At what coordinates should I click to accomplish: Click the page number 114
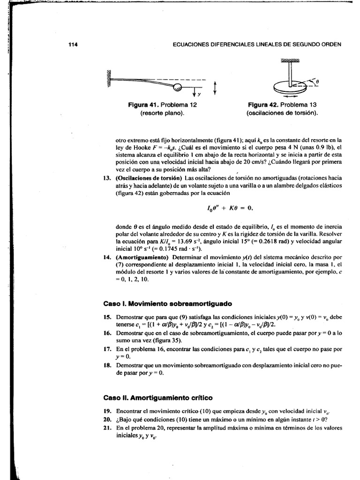[72, 45]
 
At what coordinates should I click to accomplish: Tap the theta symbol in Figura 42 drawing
[317, 81]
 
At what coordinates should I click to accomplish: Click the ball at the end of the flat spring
[178, 87]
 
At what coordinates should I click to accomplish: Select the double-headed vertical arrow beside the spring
[215, 88]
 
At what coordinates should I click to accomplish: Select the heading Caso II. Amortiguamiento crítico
[158, 397]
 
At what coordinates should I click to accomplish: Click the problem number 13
[106, 178]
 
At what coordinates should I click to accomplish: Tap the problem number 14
[106, 257]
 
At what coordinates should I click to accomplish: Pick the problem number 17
[106, 349]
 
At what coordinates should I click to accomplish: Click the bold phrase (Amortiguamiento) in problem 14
[142, 257]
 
